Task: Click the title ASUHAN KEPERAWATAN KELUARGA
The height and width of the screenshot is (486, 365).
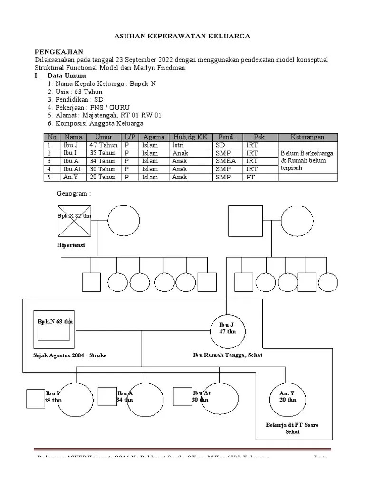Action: coord(183,36)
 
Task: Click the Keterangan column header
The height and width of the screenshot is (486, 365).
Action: coord(307,137)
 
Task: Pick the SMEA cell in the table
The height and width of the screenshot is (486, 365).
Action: coord(226,161)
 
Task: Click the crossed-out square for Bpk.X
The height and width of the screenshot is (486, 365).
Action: coord(74,221)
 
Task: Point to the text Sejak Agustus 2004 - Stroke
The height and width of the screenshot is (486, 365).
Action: coord(70,355)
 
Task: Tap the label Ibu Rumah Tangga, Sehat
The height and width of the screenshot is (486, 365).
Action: coord(228,355)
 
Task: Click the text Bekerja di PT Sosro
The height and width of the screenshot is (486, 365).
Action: coord(292,424)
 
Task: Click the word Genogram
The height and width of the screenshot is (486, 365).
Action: coord(73,194)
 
